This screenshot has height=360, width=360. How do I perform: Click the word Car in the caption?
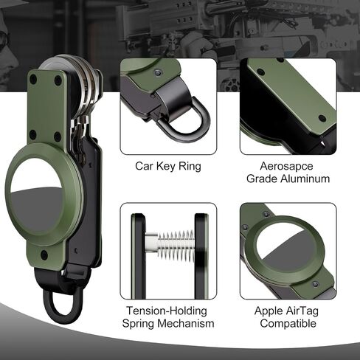144,166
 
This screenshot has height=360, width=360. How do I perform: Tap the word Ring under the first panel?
190,167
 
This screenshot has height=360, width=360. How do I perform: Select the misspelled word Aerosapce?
286,166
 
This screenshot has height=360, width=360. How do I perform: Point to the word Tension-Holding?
167,311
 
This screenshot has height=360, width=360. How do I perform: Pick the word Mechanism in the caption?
189,323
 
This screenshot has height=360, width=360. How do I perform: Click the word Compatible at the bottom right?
288,323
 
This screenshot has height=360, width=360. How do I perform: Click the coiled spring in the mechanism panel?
176,246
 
